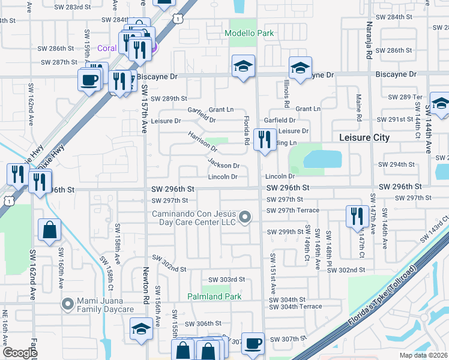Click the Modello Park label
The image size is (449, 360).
tap(249, 33)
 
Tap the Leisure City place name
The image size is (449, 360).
tap(365, 137)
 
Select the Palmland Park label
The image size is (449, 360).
tap(214, 296)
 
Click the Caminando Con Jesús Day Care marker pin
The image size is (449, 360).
tap(244, 217)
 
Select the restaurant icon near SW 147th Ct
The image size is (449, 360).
tap(357, 216)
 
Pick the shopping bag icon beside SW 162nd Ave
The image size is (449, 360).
tap(49, 229)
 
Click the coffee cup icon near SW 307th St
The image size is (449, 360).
tap(253, 343)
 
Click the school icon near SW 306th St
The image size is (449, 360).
tap(141, 328)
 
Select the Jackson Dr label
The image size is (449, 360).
tap(224, 163)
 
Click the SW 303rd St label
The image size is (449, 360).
tap(227, 280)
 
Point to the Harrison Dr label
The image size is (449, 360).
tap(202, 142)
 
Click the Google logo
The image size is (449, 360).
tap(20, 353)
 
